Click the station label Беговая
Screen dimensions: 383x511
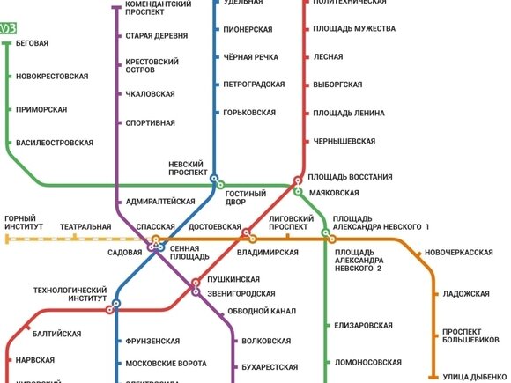32,43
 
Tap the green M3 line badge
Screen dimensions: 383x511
7,28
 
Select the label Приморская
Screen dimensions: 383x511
41,109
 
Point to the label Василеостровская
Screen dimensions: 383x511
54,143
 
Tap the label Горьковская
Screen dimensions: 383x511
250,113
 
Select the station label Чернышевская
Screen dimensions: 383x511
344,141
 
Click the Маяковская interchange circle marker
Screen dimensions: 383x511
298,191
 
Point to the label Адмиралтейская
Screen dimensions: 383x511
160,202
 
